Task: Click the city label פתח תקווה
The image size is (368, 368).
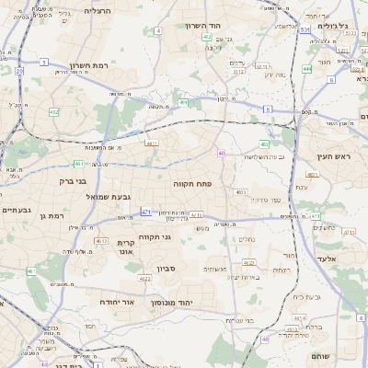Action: click(x=192, y=184)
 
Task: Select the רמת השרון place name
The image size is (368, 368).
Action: click(x=89, y=65)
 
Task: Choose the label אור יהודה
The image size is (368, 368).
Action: click(x=142, y=302)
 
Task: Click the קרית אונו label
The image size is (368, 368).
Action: click(x=126, y=246)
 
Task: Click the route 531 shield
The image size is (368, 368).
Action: click(x=304, y=29)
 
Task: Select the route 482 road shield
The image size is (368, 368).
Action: click(x=54, y=112)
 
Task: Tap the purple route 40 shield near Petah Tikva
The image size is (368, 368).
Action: click(x=222, y=153)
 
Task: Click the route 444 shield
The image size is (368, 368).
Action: click(x=306, y=68)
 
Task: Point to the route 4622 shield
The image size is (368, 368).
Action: click(x=145, y=277)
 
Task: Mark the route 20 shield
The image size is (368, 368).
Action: click(x=19, y=70)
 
